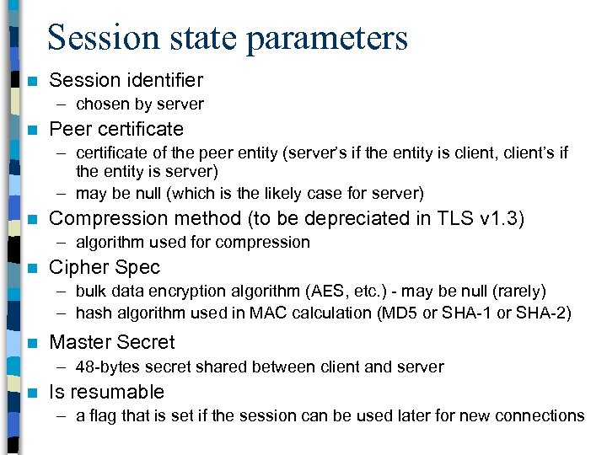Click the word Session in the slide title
coord(104,38)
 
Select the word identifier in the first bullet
coord(164,80)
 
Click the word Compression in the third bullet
coord(105,219)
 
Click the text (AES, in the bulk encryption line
coord(318,292)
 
